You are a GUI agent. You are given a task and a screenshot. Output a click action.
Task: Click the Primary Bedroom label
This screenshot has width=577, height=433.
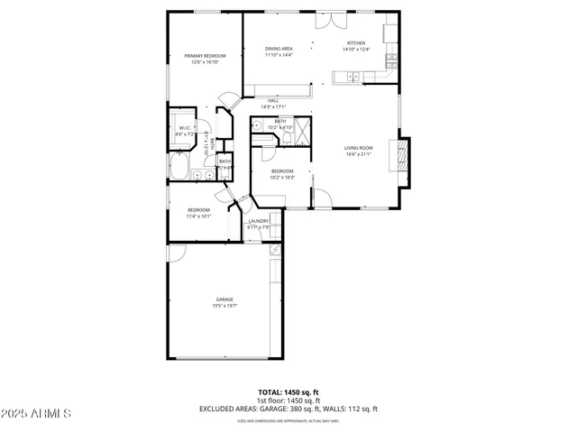(x=205, y=56)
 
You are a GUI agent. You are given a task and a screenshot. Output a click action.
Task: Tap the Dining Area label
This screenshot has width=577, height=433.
(x=279, y=49)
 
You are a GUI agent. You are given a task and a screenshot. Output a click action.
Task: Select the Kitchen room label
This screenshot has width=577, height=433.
(x=356, y=43)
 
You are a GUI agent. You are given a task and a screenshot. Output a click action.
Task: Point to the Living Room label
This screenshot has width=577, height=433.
(x=358, y=148)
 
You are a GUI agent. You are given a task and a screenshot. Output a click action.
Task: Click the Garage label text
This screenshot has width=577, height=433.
(x=224, y=299)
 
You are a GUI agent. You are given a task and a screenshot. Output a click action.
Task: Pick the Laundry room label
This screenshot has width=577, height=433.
(x=260, y=221)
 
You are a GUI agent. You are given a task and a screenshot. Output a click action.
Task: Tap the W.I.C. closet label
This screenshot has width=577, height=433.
(x=186, y=128)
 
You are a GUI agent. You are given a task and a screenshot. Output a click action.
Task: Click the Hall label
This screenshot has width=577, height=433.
(x=273, y=100)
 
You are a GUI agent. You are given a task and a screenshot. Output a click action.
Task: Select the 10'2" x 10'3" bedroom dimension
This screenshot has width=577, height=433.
(x=283, y=178)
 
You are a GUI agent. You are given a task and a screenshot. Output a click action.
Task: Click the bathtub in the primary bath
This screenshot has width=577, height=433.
(x=178, y=169)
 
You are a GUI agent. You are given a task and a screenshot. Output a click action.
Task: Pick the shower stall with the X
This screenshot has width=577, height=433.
(x=302, y=133)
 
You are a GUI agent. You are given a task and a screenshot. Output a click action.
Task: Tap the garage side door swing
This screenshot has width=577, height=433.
(x=178, y=252)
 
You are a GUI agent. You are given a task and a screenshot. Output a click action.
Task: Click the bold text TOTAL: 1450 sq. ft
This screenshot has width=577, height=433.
(x=288, y=392)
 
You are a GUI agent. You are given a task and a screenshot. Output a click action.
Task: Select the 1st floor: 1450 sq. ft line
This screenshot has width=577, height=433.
(x=288, y=401)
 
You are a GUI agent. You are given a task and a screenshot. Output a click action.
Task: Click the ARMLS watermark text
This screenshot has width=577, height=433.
(x=37, y=413)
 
